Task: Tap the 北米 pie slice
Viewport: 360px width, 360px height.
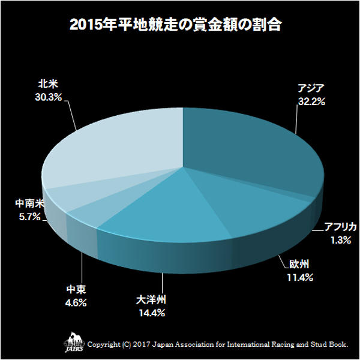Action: [x=114, y=150]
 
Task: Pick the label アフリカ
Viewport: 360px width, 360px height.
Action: [x=340, y=227]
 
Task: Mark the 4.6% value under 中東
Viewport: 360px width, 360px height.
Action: [x=75, y=303]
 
